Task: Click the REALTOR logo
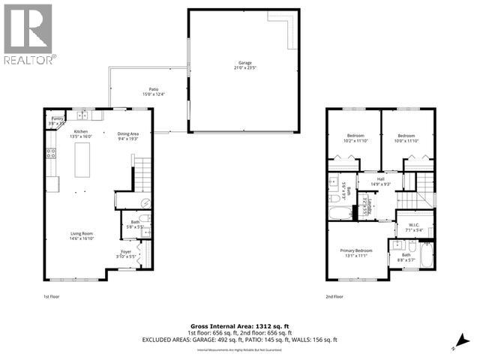pos(28,34)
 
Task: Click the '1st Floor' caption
pos(51,297)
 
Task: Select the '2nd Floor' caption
pos(334,297)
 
